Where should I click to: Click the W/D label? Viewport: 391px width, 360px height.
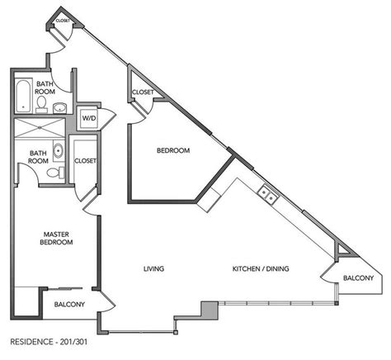point(89,118)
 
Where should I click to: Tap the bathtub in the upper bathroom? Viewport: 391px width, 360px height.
point(23,96)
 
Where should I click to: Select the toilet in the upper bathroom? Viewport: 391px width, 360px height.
point(41,105)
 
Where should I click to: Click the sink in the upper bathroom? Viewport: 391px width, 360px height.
point(59,107)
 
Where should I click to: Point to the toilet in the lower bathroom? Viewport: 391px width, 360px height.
point(55,173)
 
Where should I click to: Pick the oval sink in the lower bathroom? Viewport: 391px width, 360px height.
point(59,150)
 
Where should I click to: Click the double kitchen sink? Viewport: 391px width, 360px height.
point(268,194)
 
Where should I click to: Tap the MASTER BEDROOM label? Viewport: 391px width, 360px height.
point(56,239)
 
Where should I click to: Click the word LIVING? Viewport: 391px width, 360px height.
point(154,268)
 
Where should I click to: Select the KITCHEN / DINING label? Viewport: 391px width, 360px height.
point(261,268)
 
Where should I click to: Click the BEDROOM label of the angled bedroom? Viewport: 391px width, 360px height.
point(173,150)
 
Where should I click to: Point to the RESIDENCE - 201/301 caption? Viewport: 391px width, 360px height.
point(49,342)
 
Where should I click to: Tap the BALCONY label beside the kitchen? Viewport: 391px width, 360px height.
point(358,278)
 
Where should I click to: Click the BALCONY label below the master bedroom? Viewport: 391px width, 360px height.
point(69,305)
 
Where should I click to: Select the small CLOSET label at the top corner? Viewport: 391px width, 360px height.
point(63,21)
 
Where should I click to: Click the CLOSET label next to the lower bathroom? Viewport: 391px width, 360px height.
point(85,160)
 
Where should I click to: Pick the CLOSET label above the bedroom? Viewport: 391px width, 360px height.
point(143,92)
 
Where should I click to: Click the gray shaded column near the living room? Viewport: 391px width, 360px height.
point(210,310)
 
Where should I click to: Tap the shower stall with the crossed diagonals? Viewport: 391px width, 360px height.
point(40,127)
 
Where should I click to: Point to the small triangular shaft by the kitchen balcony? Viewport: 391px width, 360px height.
point(344,249)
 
